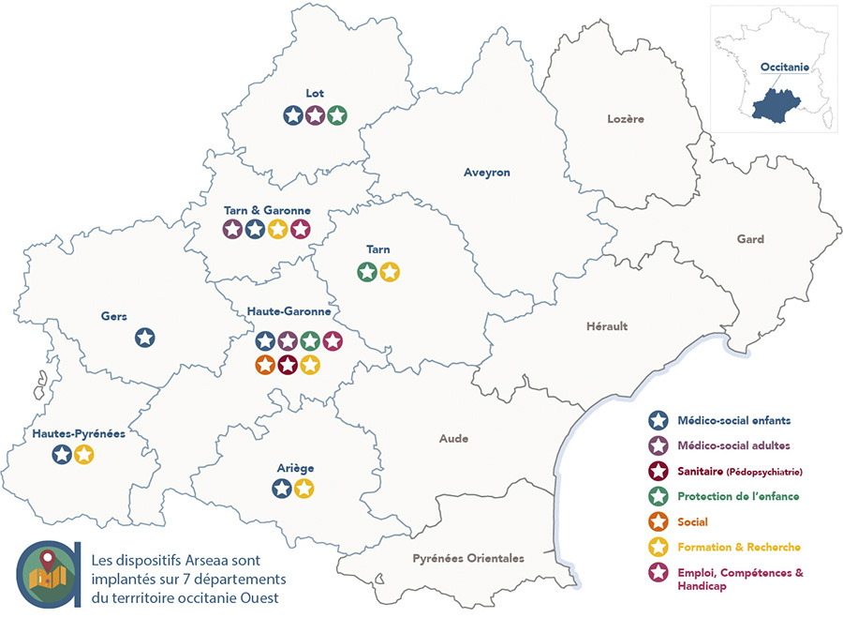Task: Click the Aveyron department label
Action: [x=486, y=173]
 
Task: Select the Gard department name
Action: [x=749, y=239]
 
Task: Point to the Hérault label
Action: [x=607, y=326]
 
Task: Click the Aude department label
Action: [x=453, y=438]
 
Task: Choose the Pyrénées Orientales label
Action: [x=467, y=558]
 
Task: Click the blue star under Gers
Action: [x=144, y=338]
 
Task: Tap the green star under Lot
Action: [x=337, y=115]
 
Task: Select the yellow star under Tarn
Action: [x=390, y=272]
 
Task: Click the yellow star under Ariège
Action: [x=303, y=488]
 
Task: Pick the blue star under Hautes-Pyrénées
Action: [x=62, y=455]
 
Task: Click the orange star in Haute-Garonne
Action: [x=265, y=364]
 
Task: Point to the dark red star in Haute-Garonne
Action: [x=288, y=364]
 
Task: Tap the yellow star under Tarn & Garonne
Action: [x=277, y=229]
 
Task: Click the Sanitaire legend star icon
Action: [x=658, y=471]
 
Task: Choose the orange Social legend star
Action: [x=658, y=521]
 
